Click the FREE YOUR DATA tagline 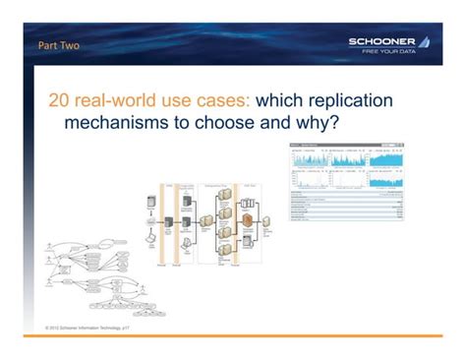(396, 51)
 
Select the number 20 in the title (62, 101)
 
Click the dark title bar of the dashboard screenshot (346, 145)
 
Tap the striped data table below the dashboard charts (346, 206)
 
